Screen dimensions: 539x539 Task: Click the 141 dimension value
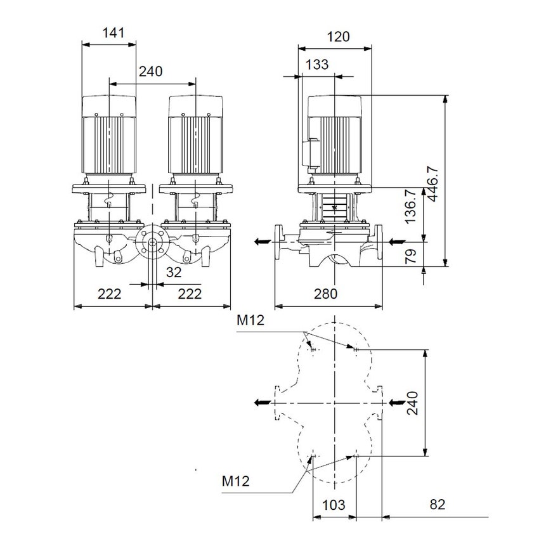tap(110, 32)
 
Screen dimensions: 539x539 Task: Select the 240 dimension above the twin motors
tap(150, 72)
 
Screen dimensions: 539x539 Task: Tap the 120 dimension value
tap(338, 37)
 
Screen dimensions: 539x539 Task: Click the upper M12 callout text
tap(250, 321)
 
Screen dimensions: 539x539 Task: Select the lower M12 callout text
tap(235, 481)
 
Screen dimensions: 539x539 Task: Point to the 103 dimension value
tap(334, 505)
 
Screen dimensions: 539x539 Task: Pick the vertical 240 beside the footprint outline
tap(412, 402)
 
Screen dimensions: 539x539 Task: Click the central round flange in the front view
tap(152, 244)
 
